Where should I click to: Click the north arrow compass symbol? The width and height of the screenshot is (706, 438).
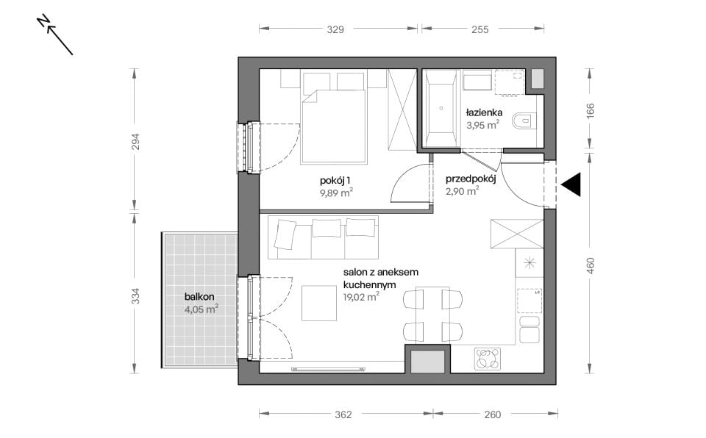pos(55,35)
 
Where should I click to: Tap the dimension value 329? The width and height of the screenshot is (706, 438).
pos(335,29)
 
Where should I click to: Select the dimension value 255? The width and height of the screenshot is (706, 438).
pos(480,29)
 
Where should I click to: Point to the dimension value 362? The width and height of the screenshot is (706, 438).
pos(343,414)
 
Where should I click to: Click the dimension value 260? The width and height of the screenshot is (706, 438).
pos(493,414)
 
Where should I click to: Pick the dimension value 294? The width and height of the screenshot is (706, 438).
pos(135,142)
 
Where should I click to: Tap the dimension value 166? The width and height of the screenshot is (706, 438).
pos(591,111)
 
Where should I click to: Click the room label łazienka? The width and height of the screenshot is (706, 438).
pos(484,112)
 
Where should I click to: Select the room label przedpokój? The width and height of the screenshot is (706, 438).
pos(471,179)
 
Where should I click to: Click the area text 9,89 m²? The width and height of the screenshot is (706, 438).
pos(336,193)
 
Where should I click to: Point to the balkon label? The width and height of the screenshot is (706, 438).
pos(199,297)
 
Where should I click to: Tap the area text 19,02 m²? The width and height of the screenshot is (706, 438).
pos(361,297)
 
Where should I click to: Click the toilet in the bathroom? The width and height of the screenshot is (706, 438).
pos(524,121)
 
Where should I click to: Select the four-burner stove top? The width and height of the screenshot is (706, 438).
pos(488,359)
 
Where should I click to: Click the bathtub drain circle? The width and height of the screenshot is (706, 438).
pos(441,108)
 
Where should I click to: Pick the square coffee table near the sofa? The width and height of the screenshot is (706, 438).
pos(319,304)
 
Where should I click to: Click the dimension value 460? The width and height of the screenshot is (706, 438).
pos(591,265)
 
